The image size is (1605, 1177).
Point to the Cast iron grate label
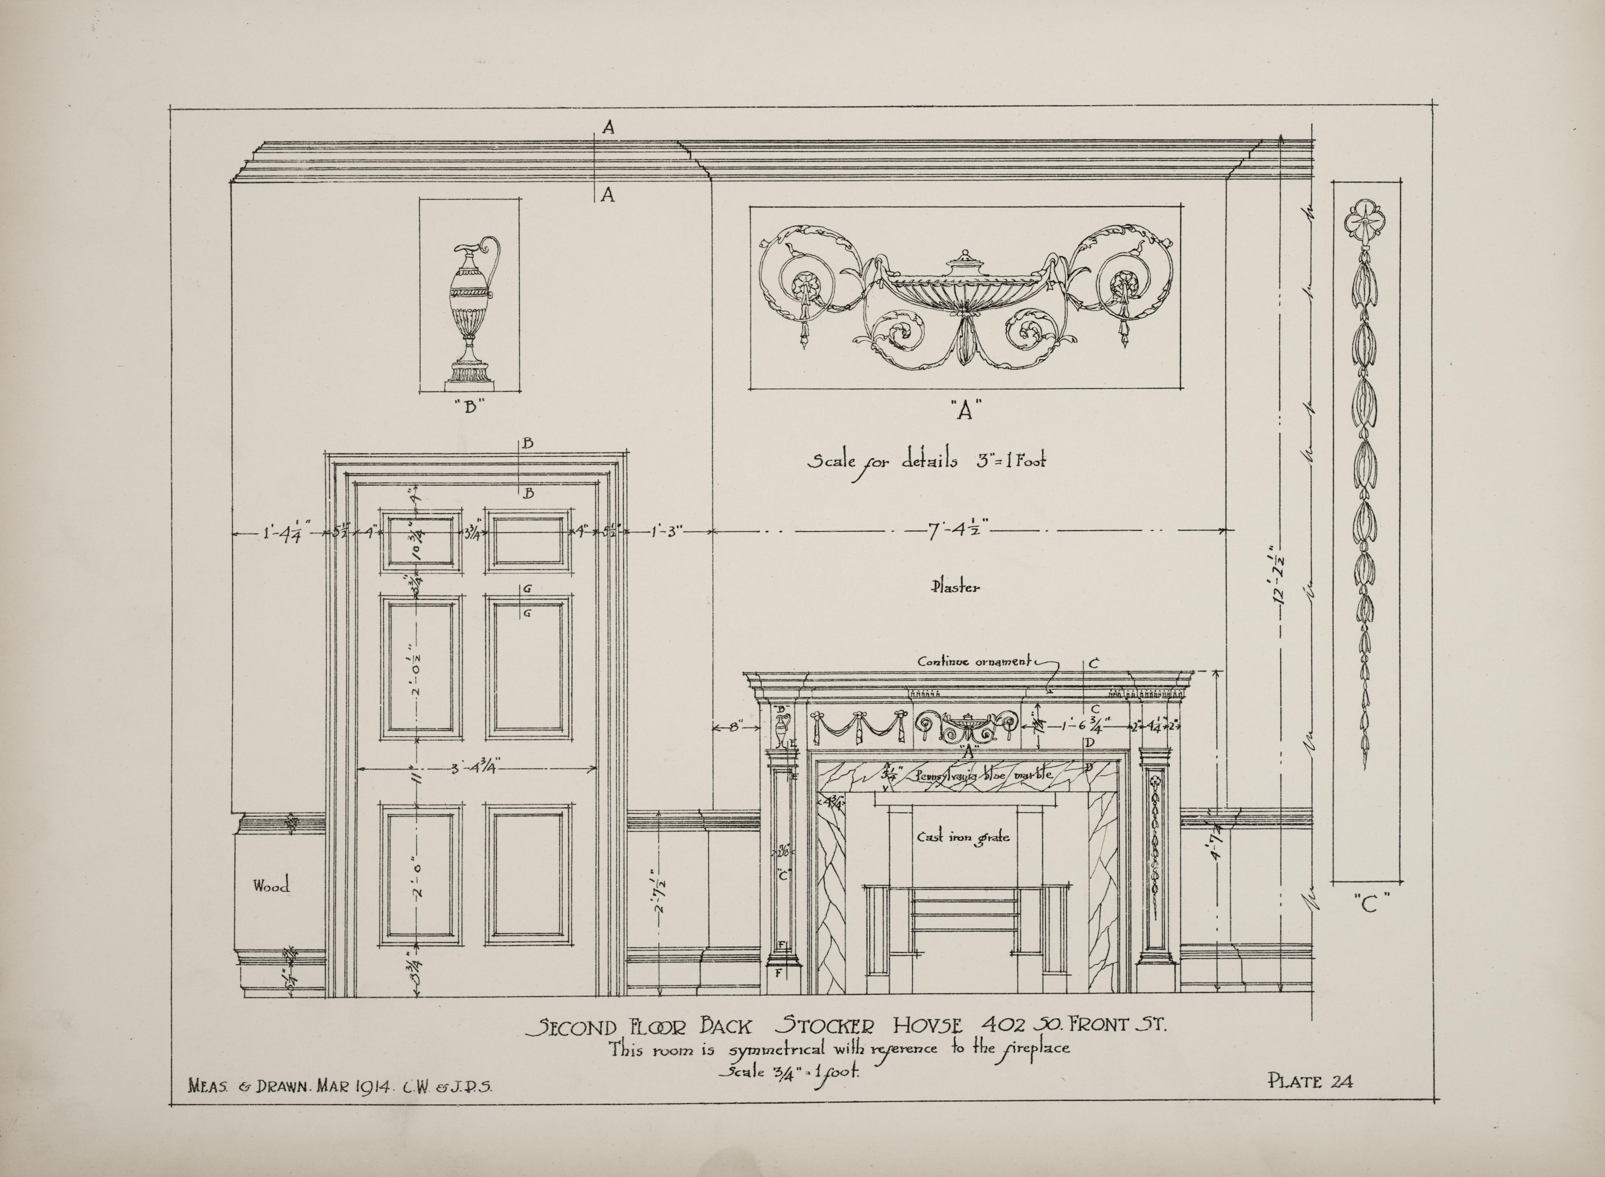pos(962,838)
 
